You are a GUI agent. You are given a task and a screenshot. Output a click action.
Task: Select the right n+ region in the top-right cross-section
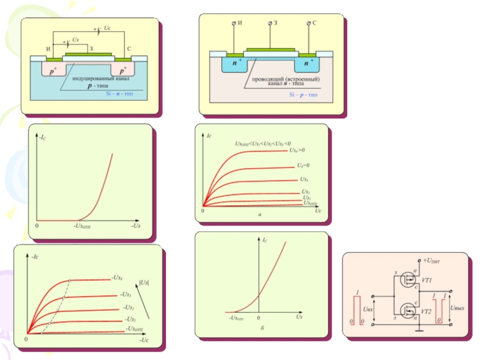(308, 62)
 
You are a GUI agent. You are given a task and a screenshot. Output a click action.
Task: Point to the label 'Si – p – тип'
(305, 95)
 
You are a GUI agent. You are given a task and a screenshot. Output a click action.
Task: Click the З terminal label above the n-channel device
(276, 22)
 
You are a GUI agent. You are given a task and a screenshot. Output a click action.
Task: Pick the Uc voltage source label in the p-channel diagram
(107, 28)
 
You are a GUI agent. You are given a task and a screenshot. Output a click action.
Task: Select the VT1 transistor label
(427, 280)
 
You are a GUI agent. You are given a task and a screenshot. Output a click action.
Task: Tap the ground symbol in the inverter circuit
(421, 328)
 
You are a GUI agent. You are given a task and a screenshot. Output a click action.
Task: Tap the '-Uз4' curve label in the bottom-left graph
(117, 277)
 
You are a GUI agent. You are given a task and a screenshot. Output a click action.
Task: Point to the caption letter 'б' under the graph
(263, 329)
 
